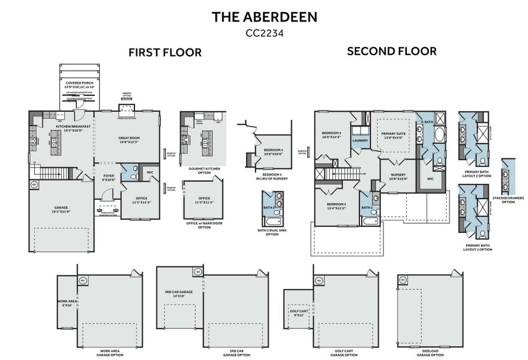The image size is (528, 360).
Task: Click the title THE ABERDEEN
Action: point(264,17)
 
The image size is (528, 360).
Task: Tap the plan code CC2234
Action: point(264,34)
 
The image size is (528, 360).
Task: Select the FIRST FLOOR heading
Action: point(165,53)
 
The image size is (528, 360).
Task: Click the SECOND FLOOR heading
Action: point(392,52)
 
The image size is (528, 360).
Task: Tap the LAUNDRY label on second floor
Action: point(360,140)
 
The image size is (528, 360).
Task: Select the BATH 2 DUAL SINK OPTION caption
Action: point(272,233)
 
